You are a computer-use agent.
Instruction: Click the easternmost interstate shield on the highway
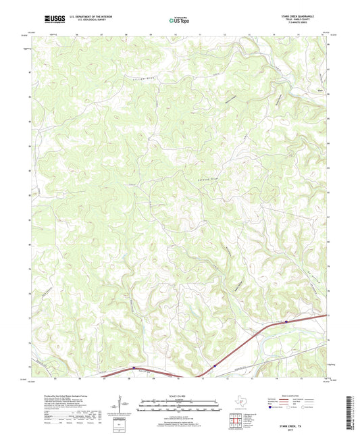click(x=286, y=322)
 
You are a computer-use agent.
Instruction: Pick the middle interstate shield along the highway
click(x=215, y=366)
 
